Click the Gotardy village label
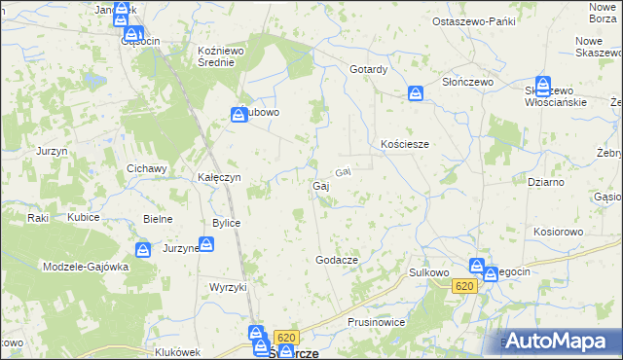click(369, 69)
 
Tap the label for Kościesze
click(405, 143)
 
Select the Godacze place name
click(338, 260)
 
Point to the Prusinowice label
click(375, 321)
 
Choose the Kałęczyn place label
click(219, 178)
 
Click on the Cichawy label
click(147, 168)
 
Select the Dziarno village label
click(545, 182)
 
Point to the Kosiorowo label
click(558, 232)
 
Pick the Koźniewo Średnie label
click(223, 55)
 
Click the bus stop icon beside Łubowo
click(238, 115)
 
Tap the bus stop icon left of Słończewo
click(416, 93)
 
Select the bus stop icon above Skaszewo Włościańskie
click(543, 84)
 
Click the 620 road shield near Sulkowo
click(464, 286)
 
